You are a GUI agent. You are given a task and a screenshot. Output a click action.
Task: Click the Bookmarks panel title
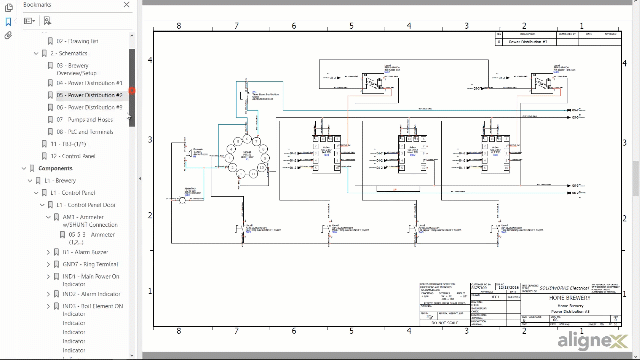(36, 5)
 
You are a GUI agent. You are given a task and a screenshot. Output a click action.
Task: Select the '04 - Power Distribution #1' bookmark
(89, 83)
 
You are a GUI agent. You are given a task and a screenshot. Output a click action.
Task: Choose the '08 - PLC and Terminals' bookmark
(85, 131)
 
